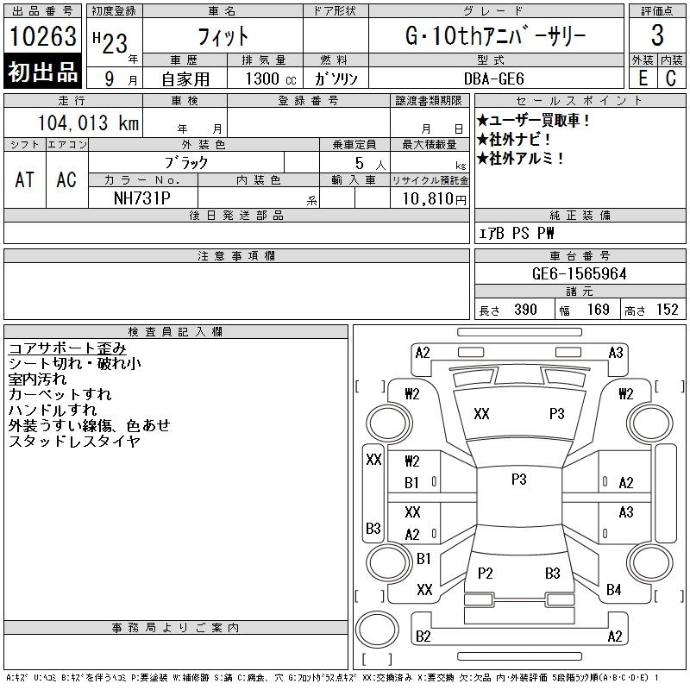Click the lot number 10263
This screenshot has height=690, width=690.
(42, 35)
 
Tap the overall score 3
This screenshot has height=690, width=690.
(657, 35)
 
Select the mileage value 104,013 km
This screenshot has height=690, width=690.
(88, 122)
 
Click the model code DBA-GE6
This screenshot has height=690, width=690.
(493, 78)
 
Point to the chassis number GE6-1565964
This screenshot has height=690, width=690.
(579, 273)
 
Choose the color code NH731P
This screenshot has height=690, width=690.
(142, 198)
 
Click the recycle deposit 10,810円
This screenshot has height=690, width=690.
(434, 199)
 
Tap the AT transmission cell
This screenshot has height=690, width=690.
(25, 179)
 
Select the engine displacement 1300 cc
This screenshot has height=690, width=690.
(271, 78)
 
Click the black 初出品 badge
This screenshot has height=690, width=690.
(42, 71)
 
